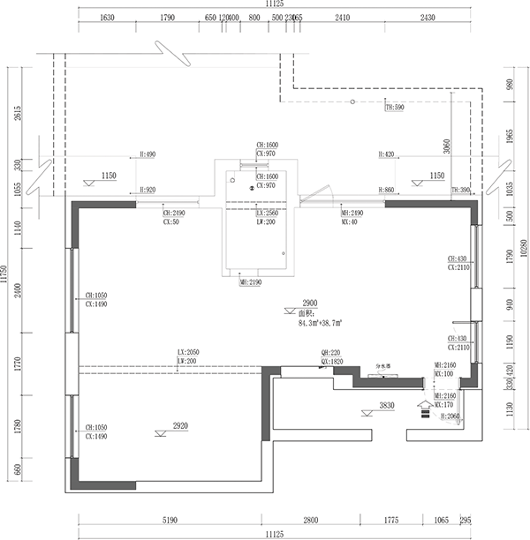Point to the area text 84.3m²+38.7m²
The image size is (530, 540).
[x=320, y=324]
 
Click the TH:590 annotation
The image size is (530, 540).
[x=394, y=108]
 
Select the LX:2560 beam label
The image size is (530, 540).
[x=267, y=214]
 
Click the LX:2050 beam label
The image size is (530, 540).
[x=187, y=352]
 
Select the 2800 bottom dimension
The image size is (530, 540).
[x=310, y=521]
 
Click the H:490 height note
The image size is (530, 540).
[x=148, y=154]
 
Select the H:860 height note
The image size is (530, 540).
[x=386, y=191]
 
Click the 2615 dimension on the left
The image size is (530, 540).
[x=18, y=115]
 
